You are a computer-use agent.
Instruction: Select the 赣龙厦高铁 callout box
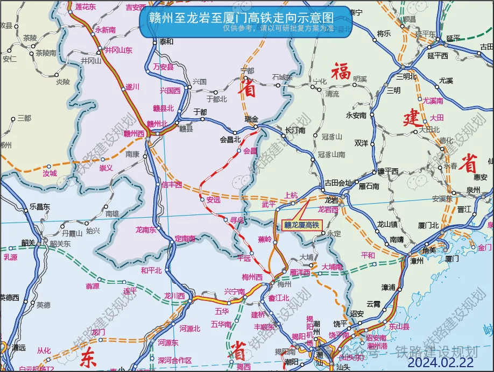coord(301,225)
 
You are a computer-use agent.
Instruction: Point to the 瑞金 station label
coord(251,119)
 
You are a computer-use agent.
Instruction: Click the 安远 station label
coord(213,200)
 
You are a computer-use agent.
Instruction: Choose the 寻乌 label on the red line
coord(237,220)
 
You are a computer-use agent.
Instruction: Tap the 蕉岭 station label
coord(265,239)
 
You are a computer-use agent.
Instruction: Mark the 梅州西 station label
coord(252,277)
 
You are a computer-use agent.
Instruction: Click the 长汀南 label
coord(295,130)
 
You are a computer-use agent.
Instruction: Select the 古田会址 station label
coord(338,183)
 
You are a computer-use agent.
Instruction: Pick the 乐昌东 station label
coord(39,206)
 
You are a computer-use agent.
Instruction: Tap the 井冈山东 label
coord(118,50)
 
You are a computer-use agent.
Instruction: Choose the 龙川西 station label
coord(174,296)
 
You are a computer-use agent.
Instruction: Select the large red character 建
coord(413,117)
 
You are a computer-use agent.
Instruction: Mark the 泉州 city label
coord(473,190)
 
